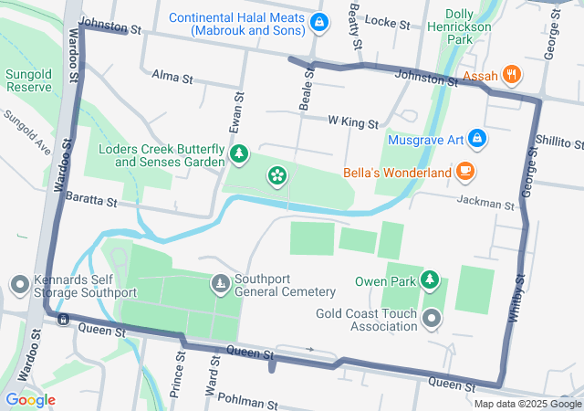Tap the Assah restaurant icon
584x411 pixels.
[512, 76]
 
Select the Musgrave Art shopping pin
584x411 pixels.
[477, 139]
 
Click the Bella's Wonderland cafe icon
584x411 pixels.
[465, 172]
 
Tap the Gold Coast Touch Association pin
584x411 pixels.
[432, 319]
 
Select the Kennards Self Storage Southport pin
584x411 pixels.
[18, 285]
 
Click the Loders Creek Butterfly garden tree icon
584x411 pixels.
[238, 153]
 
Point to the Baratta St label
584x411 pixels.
[91, 200]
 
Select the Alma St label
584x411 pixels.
[172, 77]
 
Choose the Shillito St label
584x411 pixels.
[559, 143]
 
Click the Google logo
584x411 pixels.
[30, 400]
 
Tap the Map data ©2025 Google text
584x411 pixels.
[527, 405]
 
